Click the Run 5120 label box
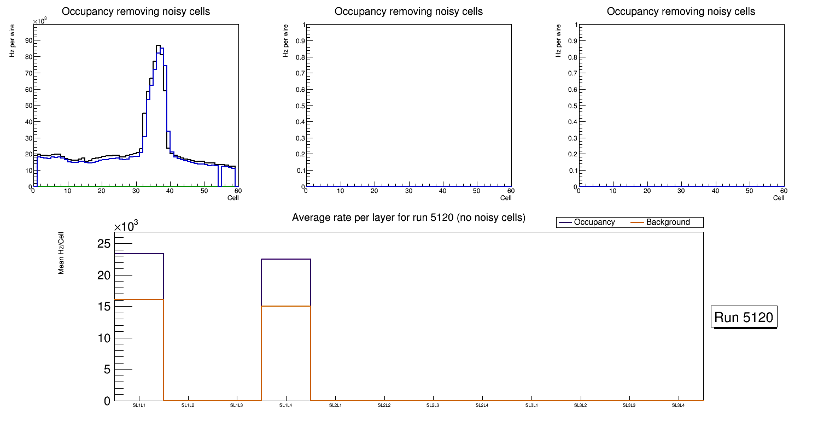click(x=745, y=317)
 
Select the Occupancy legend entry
click(x=594, y=222)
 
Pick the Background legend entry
click(x=668, y=222)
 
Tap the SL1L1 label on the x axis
click(x=139, y=406)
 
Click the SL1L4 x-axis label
click(x=286, y=406)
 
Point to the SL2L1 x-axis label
click(x=335, y=406)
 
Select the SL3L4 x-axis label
click(x=678, y=406)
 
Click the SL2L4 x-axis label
click(x=482, y=406)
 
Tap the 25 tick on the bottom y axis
click(x=104, y=243)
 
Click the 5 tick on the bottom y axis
click(x=107, y=370)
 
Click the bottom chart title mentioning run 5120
click(x=408, y=218)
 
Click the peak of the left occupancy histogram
click(x=158, y=46)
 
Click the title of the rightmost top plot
click(x=681, y=11)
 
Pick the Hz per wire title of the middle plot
click(x=285, y=42)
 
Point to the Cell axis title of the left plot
click(x=233, y=198)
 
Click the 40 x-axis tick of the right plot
click(x=715, y=191)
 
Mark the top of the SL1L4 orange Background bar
click(x=286, y=306)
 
